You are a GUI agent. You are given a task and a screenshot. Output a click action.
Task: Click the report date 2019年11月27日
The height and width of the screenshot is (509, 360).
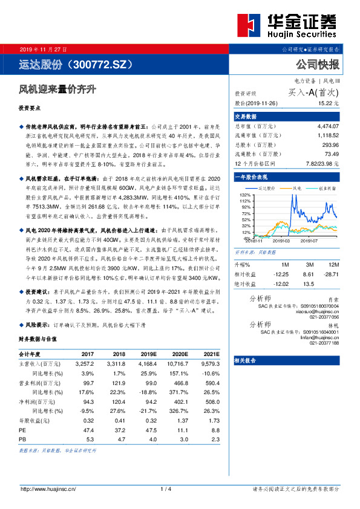[44, 48]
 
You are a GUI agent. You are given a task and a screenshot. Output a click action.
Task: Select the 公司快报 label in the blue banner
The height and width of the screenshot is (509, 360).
[318, 63]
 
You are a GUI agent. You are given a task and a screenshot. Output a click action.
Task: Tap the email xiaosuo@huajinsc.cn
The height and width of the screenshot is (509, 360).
[320, 311]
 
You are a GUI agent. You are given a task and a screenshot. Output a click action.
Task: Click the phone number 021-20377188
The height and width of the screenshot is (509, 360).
[324, 343]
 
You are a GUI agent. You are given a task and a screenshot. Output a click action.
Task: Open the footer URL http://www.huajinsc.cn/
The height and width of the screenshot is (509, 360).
[48, 489]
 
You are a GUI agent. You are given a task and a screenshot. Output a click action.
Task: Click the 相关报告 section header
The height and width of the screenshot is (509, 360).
[245, 359]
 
